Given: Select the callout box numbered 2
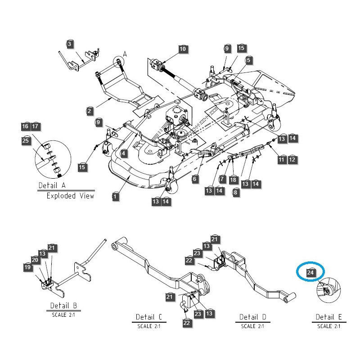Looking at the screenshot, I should [x=89, y=110].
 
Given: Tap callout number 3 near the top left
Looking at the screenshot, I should [x=69, y=44].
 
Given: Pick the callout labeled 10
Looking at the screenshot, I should [x=182, y=49].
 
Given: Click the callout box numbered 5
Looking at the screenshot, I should [x=248, y=60].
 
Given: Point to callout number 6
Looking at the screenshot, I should [x=195, y=179].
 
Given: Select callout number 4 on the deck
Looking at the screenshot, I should [x=123, y=153].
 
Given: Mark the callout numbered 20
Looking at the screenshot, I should [x=35, y=260].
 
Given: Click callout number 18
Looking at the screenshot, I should [x=233, y=180].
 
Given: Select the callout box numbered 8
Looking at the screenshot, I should [x=235, y=192].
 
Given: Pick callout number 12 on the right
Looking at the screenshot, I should [x=292, y=159].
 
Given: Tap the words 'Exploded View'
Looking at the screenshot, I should [x=71, y=196].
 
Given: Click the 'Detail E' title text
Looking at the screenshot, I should [x=328, y=317].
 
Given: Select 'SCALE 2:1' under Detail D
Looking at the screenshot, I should [x=252, y=326].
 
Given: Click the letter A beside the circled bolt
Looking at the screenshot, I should [x=125, y=54].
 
